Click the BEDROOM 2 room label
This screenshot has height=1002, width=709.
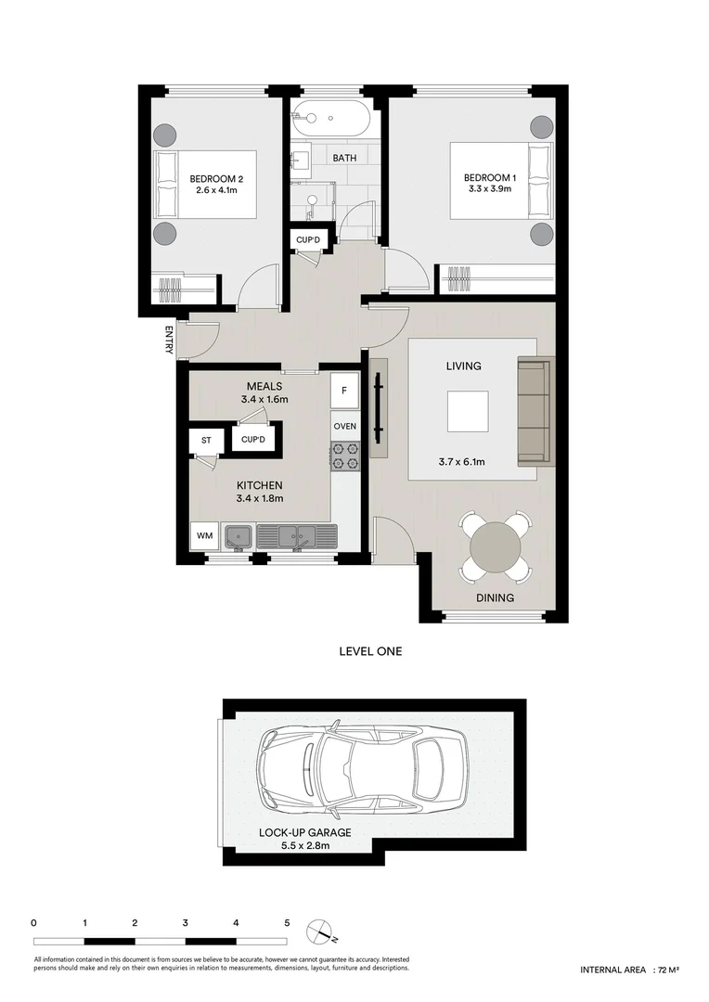(216, 178)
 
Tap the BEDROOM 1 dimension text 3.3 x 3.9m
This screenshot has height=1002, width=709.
(489, 191)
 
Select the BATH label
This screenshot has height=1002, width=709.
(344, 158)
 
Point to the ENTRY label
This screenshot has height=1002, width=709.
(169, 339)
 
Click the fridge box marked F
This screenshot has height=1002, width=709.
(344, 391)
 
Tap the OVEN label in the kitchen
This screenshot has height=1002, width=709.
(344, 426)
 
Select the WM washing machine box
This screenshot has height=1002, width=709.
(203, 536)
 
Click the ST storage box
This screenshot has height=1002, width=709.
(205, 440)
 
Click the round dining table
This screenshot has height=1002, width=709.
(496, 547)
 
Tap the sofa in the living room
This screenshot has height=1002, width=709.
(533, 411)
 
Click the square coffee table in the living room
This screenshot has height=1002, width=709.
(468, 411)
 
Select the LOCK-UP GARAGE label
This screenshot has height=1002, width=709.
(303, 832)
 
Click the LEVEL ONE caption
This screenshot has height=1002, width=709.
(370, 651)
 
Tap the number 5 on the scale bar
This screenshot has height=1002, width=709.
(288, 923)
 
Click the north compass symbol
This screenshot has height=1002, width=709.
(322, 927)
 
